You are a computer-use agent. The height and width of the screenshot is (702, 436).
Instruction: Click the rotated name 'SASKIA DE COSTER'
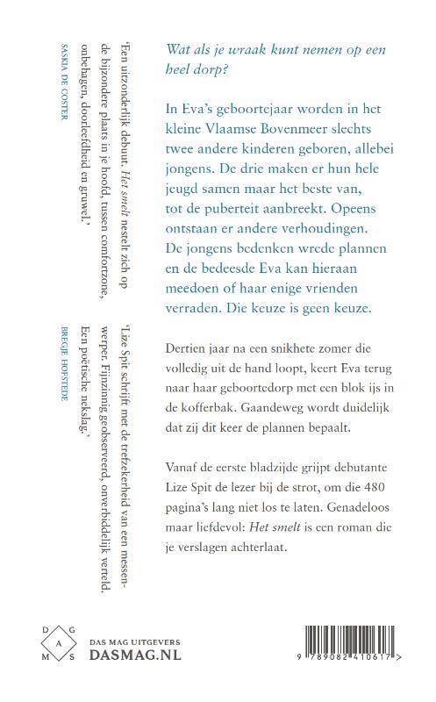coord(63,79)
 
